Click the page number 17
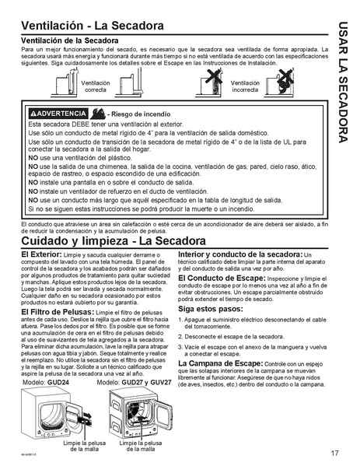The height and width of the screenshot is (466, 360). [332, 453]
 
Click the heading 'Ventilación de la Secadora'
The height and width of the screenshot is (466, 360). [68, 40]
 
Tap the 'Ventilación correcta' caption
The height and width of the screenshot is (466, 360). [96, 86]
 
